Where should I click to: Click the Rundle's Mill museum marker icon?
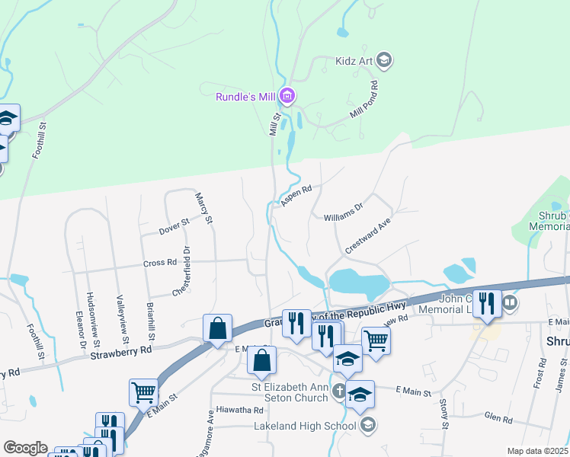pos(287,96)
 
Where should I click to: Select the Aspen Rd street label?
pos(296,196)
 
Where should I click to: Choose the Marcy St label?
pos(203,207)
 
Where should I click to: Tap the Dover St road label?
pos(173,227)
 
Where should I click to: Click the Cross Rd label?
pos(160,263)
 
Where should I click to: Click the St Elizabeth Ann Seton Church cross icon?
pos(339,391)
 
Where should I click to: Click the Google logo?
pos(24,448)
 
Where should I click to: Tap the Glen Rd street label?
pos(499,418)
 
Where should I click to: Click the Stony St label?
pos(444,398)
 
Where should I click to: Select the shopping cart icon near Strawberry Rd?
pos(144,392)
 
